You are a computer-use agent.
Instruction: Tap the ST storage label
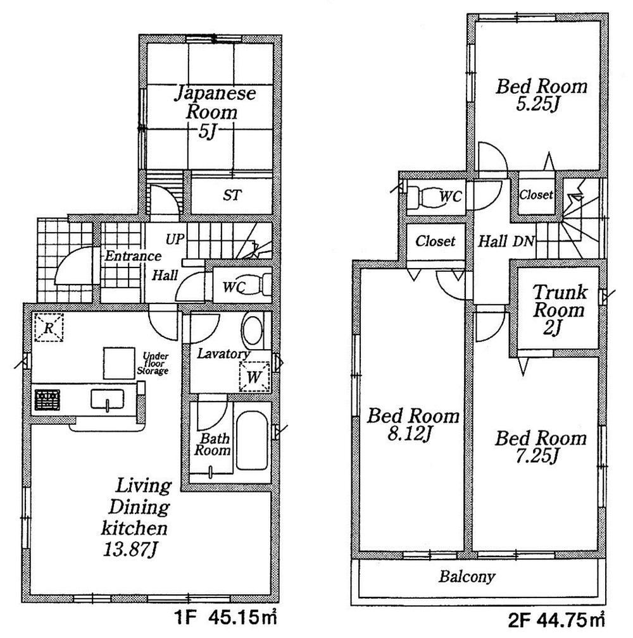coord(232,195)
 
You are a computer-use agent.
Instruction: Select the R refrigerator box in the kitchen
coord(49,328)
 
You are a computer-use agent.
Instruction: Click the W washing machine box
coord(253,377)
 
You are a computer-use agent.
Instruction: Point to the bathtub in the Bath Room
coord(251,441)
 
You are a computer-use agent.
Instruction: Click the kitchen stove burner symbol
coord(47,400)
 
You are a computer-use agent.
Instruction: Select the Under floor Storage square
coord(119,364)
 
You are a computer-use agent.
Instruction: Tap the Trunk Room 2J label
coord(558,310)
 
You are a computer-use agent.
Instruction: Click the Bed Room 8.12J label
coord(413,424)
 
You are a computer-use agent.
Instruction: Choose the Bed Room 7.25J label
coord(541,446)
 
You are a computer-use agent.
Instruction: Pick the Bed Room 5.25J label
coord(541,94)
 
